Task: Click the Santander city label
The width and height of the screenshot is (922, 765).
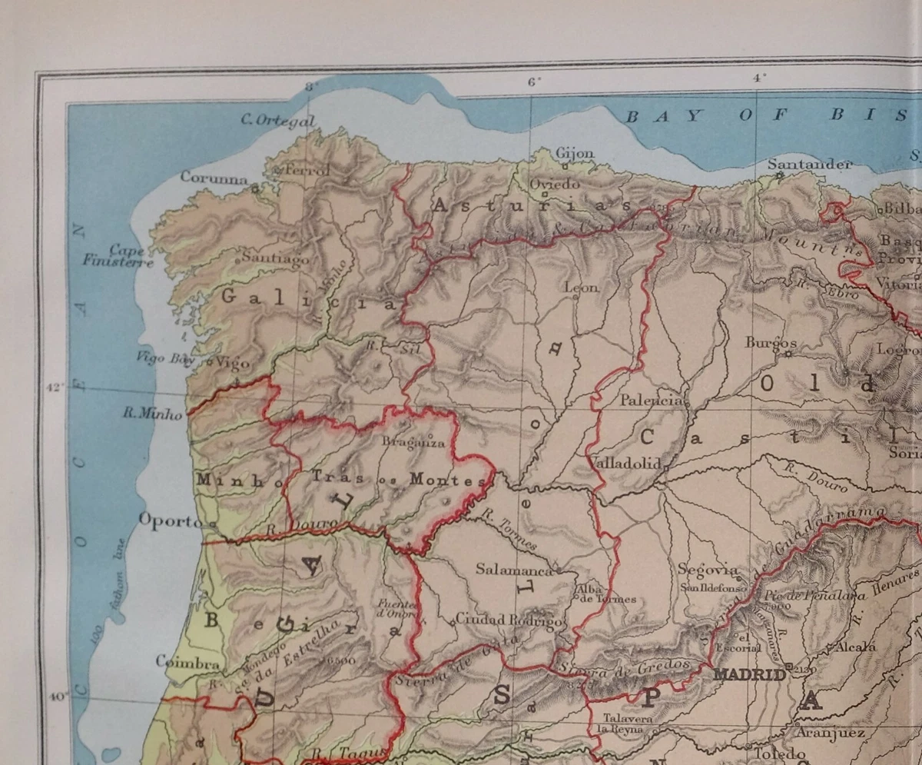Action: (810, 164)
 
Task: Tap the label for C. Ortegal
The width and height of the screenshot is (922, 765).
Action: (278, 120)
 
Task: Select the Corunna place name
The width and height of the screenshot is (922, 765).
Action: (214, 177)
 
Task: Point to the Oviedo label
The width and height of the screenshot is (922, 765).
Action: (554, 184)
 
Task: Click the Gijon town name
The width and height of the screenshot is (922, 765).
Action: (575, 153)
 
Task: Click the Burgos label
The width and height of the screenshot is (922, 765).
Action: (770, 342)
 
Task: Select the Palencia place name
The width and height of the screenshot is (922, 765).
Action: (651, 400)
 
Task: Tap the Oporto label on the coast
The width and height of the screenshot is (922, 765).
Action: (170, 521)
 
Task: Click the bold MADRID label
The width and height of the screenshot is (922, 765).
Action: (750, 674)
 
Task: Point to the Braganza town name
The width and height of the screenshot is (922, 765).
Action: (413, 442)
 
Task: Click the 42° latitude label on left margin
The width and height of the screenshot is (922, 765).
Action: (55, 387)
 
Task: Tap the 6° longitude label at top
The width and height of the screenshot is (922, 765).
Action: (533, 81)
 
